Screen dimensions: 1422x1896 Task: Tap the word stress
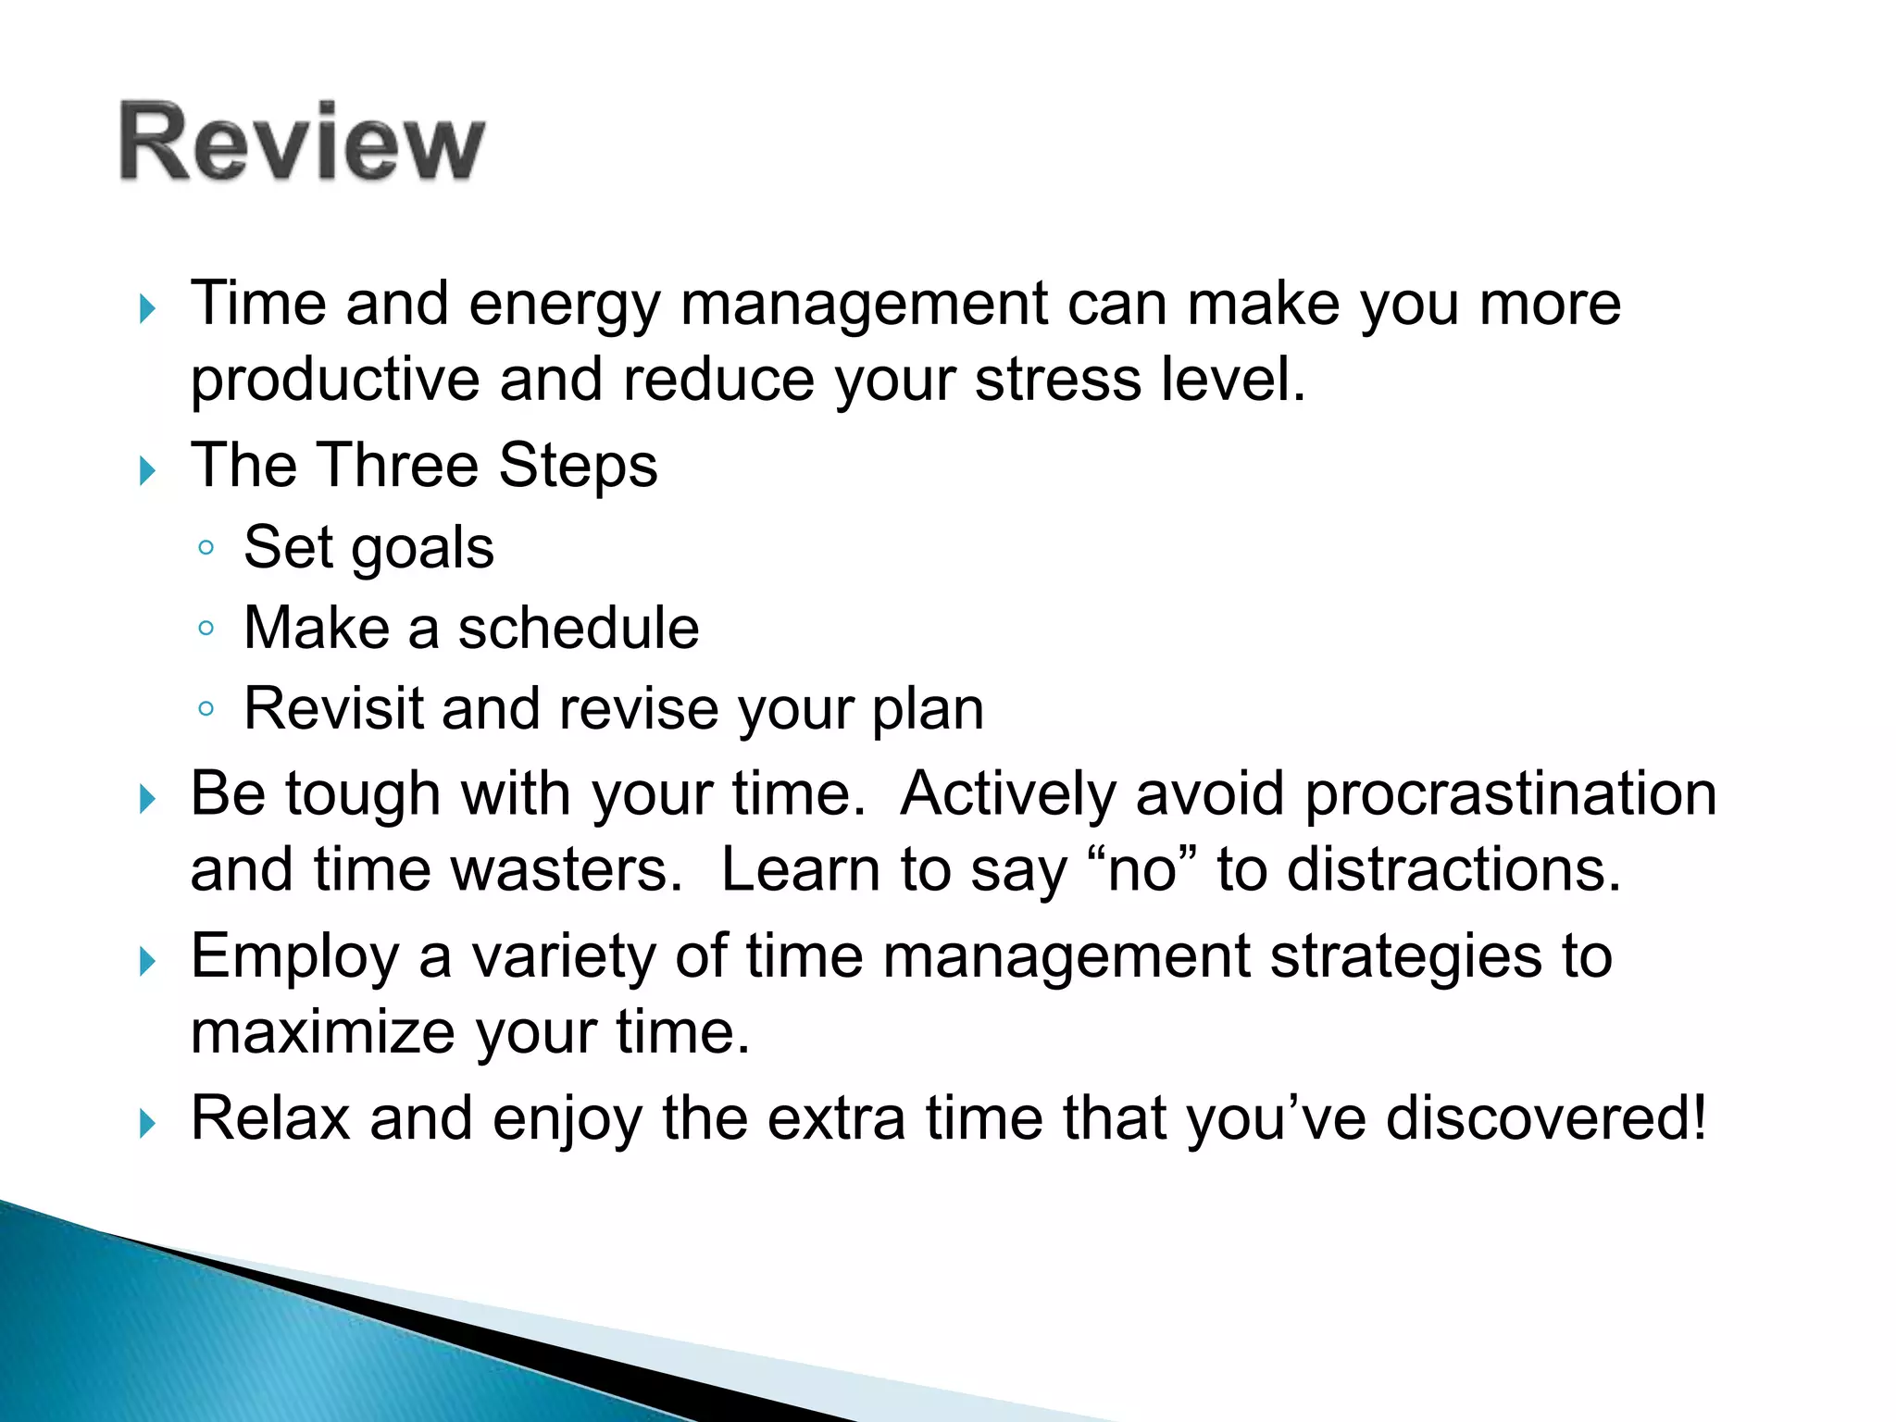coord(1058,380)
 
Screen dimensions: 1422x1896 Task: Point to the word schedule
coord(579,629)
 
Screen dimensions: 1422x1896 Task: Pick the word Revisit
coord(333,709)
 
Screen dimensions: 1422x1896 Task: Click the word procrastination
coord(1511,794)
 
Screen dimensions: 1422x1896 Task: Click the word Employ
coord(294,958)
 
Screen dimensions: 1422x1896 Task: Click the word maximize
coord(322,1032)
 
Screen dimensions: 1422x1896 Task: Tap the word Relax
coord(270,1118)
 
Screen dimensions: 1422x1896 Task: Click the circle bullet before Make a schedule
coord(206,630)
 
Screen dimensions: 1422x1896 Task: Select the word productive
coord(335,381)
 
